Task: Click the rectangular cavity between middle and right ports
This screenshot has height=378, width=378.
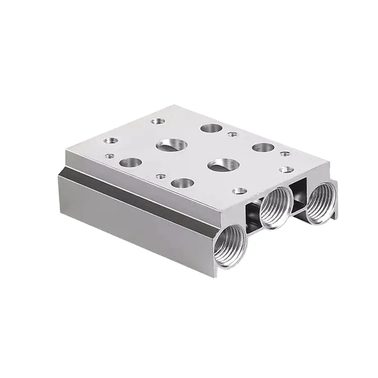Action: [299, 193]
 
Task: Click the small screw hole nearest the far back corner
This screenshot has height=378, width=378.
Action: [156, 121]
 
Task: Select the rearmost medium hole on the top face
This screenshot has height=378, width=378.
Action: [209, 129]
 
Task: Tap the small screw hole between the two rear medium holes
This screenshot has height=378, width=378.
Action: [232, 134]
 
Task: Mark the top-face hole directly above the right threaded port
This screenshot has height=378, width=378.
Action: [285, 169]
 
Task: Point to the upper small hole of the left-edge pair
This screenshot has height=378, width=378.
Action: [111, 140]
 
